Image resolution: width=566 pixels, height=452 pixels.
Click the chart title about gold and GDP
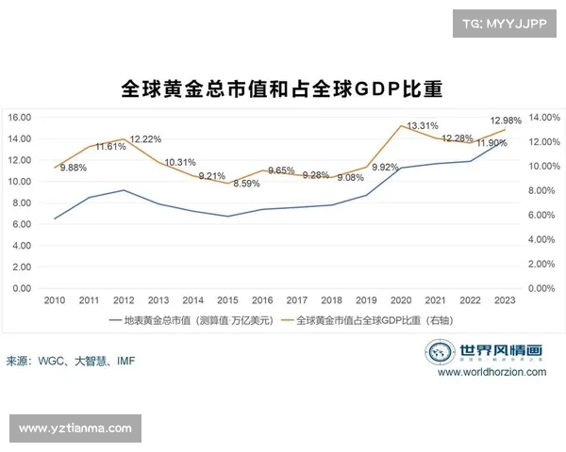click(282, 89)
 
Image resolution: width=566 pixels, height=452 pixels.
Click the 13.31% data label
click(422, 125)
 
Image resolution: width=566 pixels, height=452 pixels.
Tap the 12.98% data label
click(506, 121)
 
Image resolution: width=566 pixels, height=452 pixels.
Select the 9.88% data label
click(74, 168)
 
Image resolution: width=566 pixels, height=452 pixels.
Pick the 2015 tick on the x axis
click(226, 300)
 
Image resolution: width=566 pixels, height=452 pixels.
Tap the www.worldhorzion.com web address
click(491, 373)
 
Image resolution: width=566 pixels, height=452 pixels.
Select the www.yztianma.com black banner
click(75, 428)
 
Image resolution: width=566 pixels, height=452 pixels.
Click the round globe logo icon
click(441, 352)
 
